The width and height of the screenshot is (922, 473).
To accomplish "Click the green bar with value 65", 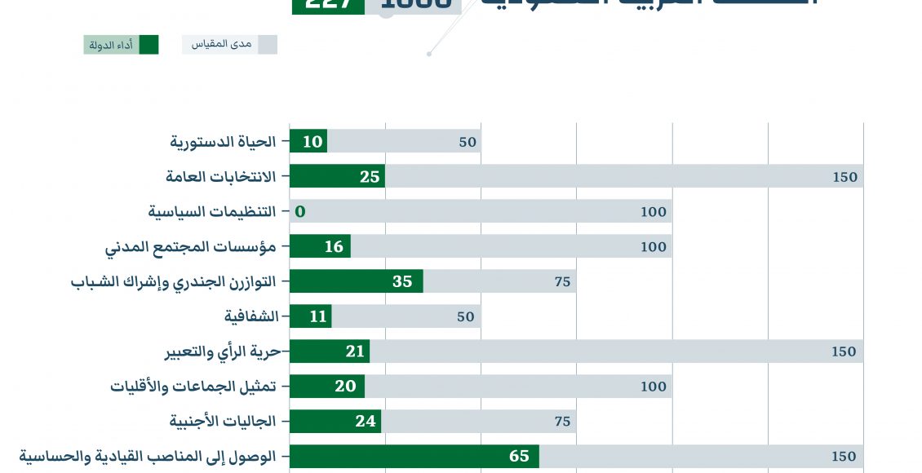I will [x=414, y=456].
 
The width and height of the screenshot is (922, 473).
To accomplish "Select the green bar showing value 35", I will [x=356, y=281].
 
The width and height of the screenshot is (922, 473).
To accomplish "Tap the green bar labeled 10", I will [x=308, y=141].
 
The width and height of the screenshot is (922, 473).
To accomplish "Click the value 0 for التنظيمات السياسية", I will [x=299, y=212].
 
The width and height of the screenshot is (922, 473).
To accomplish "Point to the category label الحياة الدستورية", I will [x=223, y=142].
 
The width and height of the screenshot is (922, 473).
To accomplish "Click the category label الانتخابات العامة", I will [x=220, y=176].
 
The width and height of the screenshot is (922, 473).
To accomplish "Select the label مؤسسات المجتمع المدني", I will [x=191, y=246].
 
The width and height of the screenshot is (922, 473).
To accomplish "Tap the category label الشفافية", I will [x=251, y=316].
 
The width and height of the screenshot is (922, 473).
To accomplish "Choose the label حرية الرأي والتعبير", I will [x=223, y=351].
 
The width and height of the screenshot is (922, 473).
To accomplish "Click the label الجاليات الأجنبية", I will [x=223, y=422].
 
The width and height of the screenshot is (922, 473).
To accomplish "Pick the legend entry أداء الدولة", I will [x=121, y=45].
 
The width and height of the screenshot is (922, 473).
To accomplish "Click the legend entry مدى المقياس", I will [x=229, y=45].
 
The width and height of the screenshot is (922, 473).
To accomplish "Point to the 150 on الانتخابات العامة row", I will [x=844, y=177].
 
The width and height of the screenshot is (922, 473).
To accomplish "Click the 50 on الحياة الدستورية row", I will [x=467, y=142].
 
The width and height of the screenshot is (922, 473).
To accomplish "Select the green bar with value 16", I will [x=320, y=246].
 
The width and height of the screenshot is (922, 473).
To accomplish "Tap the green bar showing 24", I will [x=335, y=422].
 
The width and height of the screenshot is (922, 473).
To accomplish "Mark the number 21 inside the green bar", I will [x=355, y=351].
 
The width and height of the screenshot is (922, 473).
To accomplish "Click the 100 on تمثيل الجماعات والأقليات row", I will [x=653, y=387].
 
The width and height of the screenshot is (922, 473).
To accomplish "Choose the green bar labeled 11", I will [x=310, y=316].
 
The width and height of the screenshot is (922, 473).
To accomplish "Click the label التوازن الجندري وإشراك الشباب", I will [x=173, y=281].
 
